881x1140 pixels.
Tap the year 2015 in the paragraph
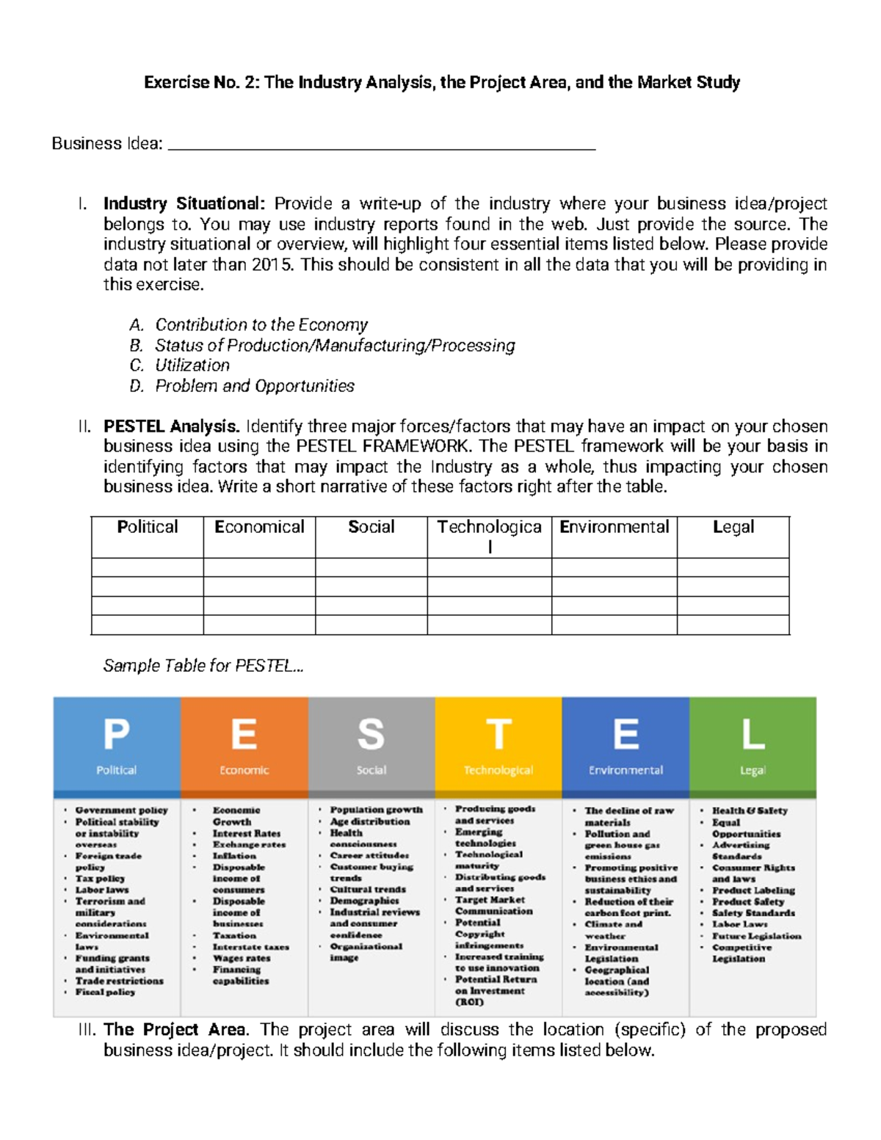coord(272,264)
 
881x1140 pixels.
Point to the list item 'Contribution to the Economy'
coord(261,324)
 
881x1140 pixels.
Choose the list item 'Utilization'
coord(192,366)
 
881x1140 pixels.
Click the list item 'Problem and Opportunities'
coord(255,386)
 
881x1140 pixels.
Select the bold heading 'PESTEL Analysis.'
coord(172,426)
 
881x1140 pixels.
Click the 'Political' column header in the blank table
coord(148,527)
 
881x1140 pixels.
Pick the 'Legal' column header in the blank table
coord(733,527)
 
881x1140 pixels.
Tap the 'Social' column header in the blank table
coord(371,527)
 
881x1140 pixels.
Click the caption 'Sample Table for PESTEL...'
coord(203,666)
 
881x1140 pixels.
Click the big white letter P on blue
coord(116,733)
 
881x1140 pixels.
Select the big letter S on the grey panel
coord(371,733)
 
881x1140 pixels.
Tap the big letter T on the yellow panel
coord(498,733)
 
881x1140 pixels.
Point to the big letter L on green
coord(753,733)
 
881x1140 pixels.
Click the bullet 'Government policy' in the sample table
coord(121,810)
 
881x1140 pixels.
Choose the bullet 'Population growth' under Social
coord(376,810)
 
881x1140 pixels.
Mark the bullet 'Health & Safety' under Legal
coord(750,810)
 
